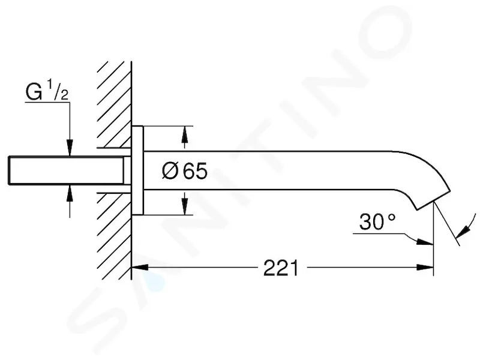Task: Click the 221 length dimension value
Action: click(281, 268)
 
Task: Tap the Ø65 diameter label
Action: click(185, 171)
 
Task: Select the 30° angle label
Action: click(377, 221)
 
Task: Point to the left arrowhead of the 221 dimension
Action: click(140, 267)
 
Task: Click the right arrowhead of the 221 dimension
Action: click(425, 267)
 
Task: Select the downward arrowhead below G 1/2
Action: click(70, 148)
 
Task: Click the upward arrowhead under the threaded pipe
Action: click(70, 193)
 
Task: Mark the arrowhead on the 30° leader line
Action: click(425, 242)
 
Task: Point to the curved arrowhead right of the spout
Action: click(463, 232)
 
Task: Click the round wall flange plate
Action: click(137, 170)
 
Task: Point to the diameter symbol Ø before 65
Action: click(170, 171)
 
